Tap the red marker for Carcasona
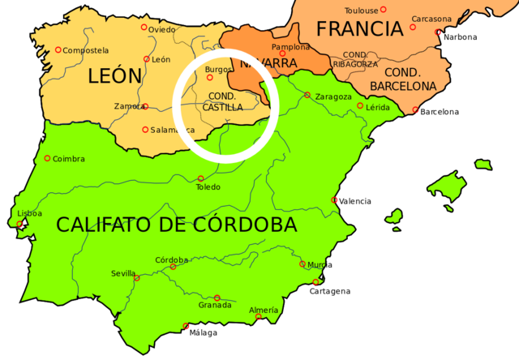[438, 32]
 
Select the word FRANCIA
[359, 29]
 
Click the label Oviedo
[161, 30]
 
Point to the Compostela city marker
[58, 50]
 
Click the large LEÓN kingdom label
[114, 77]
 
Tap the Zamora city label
[128, 106]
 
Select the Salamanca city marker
[145, 130]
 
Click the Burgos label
[219, 70]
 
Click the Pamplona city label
[290, 47]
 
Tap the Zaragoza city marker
[307, 95]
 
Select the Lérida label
[378, 107]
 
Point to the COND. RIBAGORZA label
[355, 59]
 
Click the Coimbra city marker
[47, 158]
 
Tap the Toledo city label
[208, 187]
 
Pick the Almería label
[264, 311]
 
